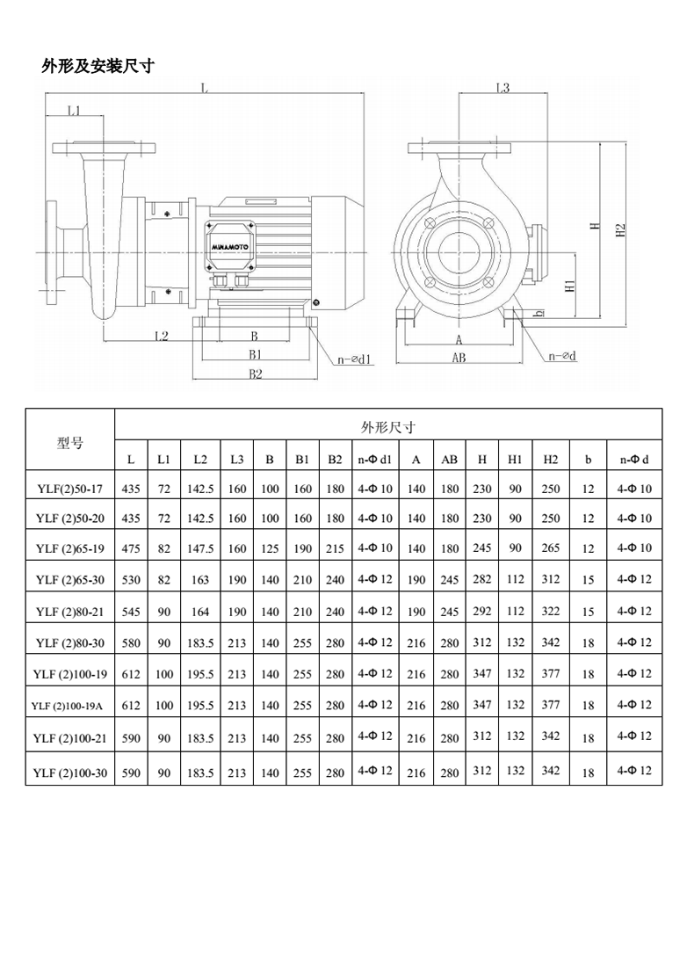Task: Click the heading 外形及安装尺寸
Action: (x=98, y=66)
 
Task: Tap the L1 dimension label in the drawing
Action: (x=73, y=111)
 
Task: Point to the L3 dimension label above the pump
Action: (x=503, y=88)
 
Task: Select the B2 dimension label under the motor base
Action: (x=255, y=374)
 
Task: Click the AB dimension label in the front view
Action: (x=459, y=358)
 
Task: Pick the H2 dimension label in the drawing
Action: (x=621, y=229)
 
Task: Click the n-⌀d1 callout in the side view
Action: (x=356, y=359)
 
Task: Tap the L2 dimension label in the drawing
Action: (x=162, y=336)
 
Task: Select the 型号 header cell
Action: (x=70, y=443)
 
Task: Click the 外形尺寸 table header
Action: (x=388, y=428)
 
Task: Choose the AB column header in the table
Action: (x=449, y=460)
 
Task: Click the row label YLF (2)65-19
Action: (x=70, y=548)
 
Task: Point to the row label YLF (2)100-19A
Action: (x=70, y=705)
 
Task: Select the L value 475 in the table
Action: (x=131, y=548)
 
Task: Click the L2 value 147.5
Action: (x=200, y=548)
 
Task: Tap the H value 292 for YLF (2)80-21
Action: (x=482, y=611)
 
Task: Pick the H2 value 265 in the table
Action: (x=550, y=548)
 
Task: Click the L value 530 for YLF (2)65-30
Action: (x=131, y=580)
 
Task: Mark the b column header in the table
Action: (x=588, y=460)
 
